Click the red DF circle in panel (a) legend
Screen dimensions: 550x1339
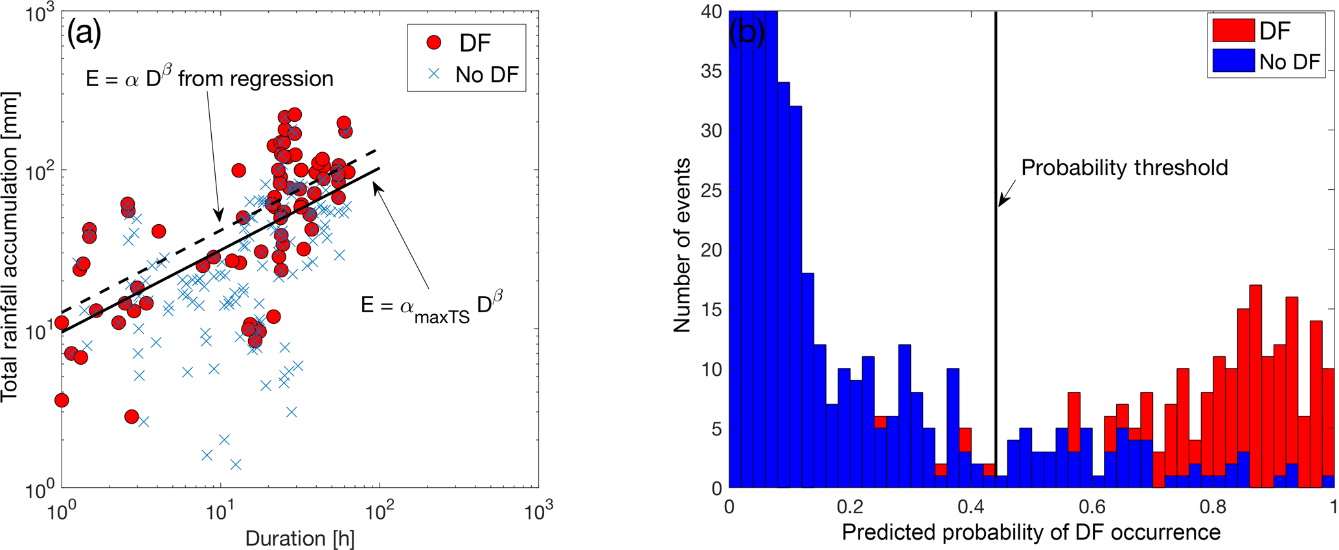434,43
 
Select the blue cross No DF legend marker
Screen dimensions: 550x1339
434,74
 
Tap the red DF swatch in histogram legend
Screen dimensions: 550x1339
1233,30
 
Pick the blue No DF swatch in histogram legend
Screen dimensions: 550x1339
1233,62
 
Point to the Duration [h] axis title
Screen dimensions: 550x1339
299,538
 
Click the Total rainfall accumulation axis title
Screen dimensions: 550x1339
11,246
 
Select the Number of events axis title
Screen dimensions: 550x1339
681,246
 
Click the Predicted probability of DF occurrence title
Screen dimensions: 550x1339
1031,533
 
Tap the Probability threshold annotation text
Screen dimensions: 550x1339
1124,168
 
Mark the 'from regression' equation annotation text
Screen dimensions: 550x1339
209,78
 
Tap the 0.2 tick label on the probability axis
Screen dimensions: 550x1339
850,506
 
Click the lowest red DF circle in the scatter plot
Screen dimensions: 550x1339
132,417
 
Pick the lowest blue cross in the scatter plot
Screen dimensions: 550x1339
236,464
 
